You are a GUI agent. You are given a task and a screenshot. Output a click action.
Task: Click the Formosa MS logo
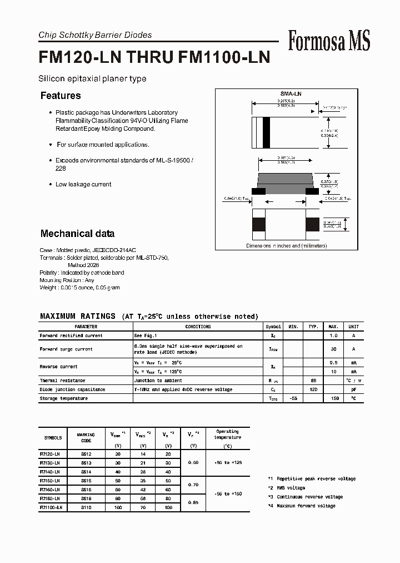(x=329, y=41)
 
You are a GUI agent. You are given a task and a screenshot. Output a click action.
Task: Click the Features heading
(x=61, y=96)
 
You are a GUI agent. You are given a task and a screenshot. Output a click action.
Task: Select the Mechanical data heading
(x=77, y=234)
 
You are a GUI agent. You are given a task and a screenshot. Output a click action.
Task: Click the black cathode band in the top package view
(x=266, y=133)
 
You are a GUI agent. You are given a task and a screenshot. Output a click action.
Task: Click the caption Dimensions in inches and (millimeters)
(x=286, y=245)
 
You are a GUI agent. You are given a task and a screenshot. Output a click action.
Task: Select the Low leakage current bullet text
(x=83, y=184)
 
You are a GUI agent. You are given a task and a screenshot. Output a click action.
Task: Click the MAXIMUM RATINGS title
(x=78, y=316)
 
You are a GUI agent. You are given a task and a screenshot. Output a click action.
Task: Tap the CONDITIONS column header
(x=198, y=327)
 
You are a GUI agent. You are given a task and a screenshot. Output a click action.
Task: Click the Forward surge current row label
(x=66, y=349)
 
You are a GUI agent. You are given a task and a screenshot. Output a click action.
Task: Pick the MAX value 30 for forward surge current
(x=334, y=349)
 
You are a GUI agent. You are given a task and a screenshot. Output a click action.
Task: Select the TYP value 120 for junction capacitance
(x=313, y=389)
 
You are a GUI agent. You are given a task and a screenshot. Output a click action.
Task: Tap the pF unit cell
(x=353, y=389)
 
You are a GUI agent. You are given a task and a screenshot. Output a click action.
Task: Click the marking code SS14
(x=86, y=471)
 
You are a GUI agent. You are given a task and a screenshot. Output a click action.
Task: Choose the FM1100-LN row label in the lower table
(x=51, y=507)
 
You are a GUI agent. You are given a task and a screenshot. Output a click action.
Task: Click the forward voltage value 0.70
(x=193, y=485)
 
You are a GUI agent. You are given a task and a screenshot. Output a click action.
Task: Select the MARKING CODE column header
(x=86, y=438)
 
